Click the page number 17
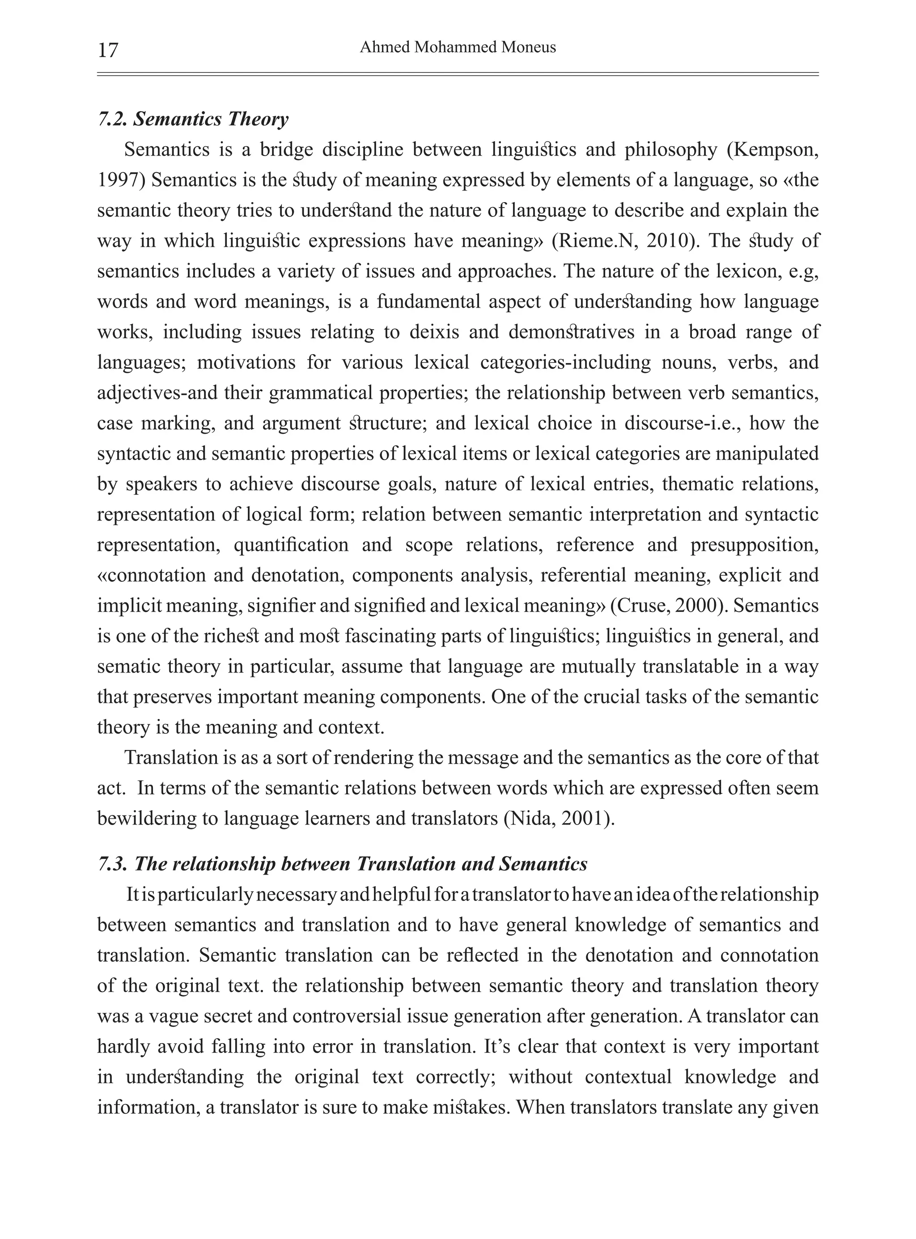(x=108, y=50)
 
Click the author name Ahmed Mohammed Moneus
(x=458, y=48)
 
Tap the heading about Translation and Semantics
(x=343, y=864)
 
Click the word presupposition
(x=754, y=545)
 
